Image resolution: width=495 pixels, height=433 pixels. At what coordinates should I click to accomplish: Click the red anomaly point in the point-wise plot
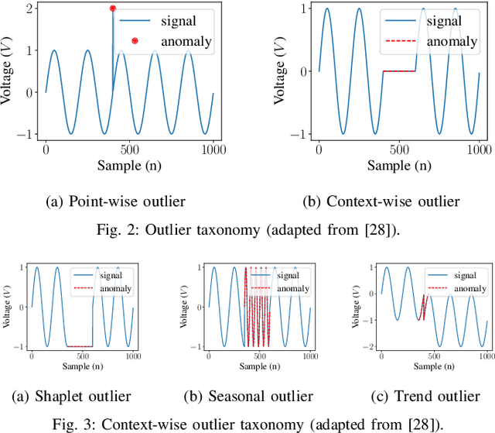click(x=113, y=9)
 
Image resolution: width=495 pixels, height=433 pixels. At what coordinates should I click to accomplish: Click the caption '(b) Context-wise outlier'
click(x=381, y=202)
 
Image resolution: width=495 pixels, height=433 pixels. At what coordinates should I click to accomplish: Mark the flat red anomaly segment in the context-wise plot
click(x=399, y=71)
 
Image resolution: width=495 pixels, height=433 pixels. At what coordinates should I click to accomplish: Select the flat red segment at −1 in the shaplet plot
click(x=80, y=345)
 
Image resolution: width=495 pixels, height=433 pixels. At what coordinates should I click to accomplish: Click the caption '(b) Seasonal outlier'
click(x=247, y=396)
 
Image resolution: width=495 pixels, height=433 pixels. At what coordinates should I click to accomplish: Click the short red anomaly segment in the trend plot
click(x=423, y=308)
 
